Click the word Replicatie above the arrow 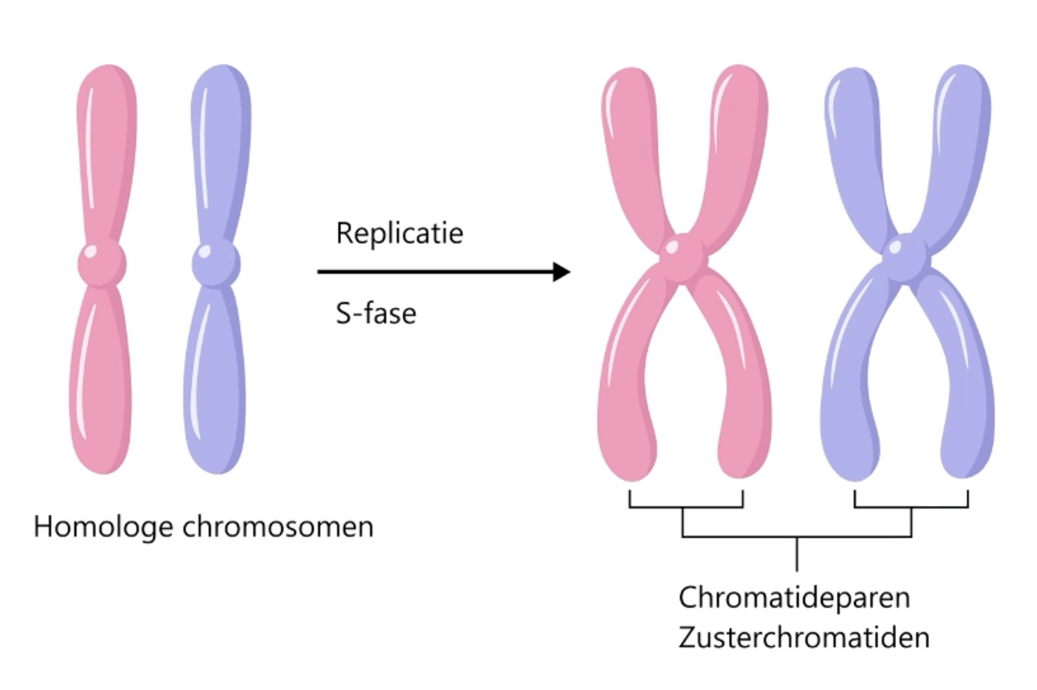tap(400, 233)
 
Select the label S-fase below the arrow tap(376, 314)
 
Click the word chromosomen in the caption tap(278, 527)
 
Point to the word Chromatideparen tap(794, 597)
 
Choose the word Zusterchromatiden tap(803, 637)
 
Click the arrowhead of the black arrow tap(560, 272)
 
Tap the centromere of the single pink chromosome tap(102, 263)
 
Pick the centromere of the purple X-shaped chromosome tap(907, 256)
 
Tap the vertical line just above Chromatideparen tap(797, 555)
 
